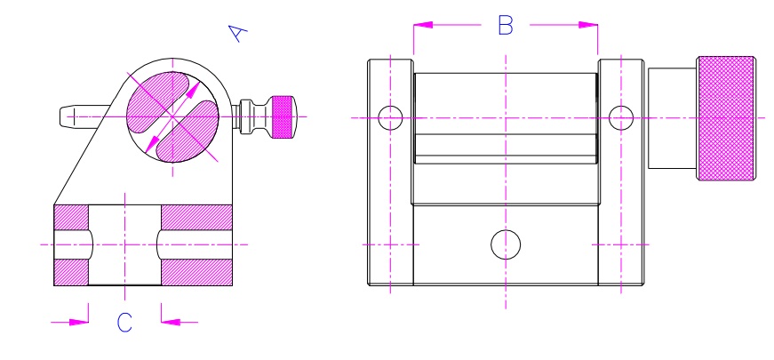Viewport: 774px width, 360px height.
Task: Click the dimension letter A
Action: (x=237, y=33)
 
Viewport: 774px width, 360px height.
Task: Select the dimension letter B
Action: (x=505, y=26)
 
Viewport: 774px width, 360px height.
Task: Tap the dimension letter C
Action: (x=124, y=323)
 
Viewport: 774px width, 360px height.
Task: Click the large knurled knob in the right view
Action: (x=727, y=117)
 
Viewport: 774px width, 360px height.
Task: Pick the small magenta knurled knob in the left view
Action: (x=284, y=116)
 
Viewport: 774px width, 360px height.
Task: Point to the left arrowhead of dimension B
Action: (x=420, y=26)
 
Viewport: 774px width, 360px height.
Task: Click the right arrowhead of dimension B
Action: (x=590, y=26)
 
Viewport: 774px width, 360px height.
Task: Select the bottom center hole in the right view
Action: (x=506, y=244)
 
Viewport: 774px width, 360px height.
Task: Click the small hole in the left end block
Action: (x=390, y=117)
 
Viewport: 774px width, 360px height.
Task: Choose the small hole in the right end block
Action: (x=620, y=116)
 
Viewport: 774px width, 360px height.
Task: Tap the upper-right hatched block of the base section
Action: (x=196, y=216)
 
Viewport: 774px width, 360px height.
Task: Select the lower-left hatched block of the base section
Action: (x=71, y=271)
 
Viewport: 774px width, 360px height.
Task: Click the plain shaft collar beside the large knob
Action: (x=672, y=117)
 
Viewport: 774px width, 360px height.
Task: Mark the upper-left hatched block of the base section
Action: (x=71, y=216)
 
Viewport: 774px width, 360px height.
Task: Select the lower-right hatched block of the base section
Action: (x=196, y=271)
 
